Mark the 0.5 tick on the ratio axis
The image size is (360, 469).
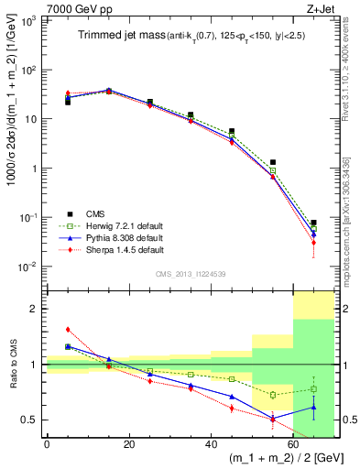pos(32,420)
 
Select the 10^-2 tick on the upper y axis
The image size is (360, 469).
pos(30,267)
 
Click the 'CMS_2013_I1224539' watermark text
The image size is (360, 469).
pos(190,273)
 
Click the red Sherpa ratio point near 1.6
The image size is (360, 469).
pos(68,330)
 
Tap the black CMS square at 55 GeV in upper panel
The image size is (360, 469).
pos(273,162)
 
